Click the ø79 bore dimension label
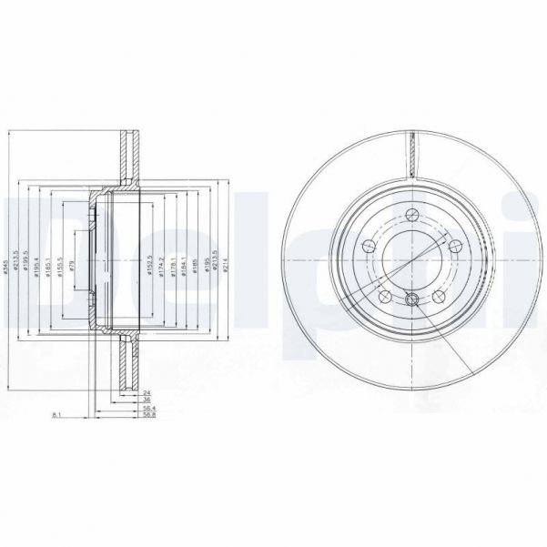[72, 270]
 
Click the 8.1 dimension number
[56, 416]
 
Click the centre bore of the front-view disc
[411, 258]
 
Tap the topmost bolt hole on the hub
[411, 215]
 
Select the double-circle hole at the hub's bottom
[411, 300]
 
